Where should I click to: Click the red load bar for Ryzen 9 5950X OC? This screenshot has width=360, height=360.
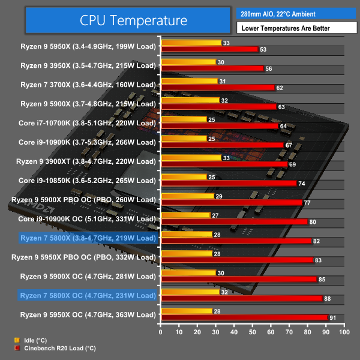244,317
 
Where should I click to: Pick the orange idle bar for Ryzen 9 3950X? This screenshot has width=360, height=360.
188,62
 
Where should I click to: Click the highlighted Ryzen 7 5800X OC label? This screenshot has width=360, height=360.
88,295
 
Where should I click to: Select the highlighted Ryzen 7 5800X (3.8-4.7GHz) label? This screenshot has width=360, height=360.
88,238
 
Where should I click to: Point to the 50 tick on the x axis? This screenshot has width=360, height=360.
253,331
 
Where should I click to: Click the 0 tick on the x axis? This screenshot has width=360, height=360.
160,331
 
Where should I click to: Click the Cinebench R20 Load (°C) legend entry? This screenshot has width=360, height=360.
54,347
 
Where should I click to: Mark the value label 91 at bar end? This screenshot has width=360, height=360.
332,317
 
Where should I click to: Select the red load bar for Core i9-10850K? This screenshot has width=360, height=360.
228,184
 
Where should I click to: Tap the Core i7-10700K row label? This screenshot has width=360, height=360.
88,123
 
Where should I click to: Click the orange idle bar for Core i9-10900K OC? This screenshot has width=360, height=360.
185,215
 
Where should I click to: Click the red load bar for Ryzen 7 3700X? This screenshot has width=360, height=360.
217,88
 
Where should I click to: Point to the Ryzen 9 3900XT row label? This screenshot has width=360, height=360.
88,161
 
